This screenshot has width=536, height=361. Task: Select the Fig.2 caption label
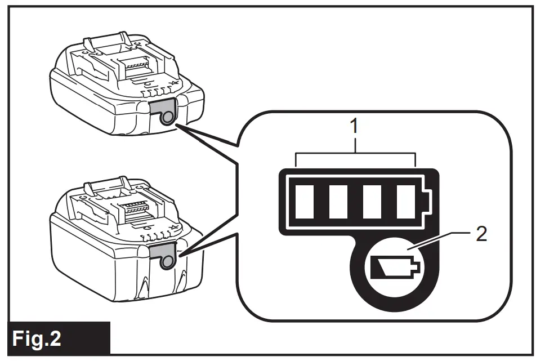coord(38,338)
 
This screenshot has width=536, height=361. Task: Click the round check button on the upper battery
coord(166,118)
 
